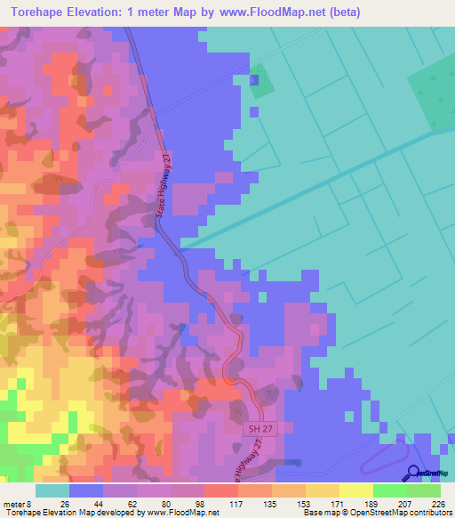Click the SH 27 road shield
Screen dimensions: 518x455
pyautogui.click(x=255, y=429)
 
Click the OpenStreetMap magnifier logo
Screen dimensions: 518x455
pyautogui.click(x=415, y=473)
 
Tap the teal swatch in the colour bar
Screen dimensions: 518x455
pyautogui.click(x=52, y=490)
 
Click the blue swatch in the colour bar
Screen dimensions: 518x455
pyautogui.click(x=86, y=490)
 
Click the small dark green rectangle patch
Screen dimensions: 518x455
pyautogui.click(x=259, y=82)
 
